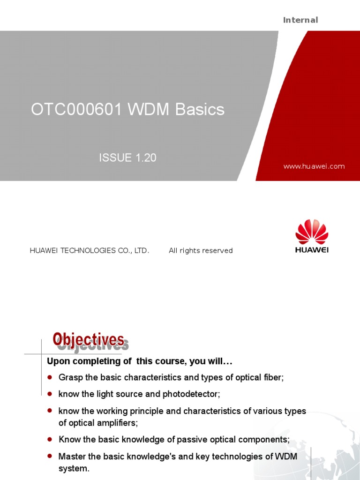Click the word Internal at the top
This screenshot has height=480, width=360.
point(300,20)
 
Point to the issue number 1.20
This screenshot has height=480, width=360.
point(146,158)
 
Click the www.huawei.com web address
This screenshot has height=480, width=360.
point(314,166)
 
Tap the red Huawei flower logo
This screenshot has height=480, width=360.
point(312,232)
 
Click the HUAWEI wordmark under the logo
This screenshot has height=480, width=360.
point(312,250)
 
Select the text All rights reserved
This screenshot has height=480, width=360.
point(201,251)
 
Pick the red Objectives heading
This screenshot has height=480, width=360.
point(88,339)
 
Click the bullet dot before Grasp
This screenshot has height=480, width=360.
point(50,377)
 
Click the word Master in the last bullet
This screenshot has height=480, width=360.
point(71,457)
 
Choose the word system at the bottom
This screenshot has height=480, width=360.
point(73,469)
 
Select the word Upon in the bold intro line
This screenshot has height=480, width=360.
point(57,362)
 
